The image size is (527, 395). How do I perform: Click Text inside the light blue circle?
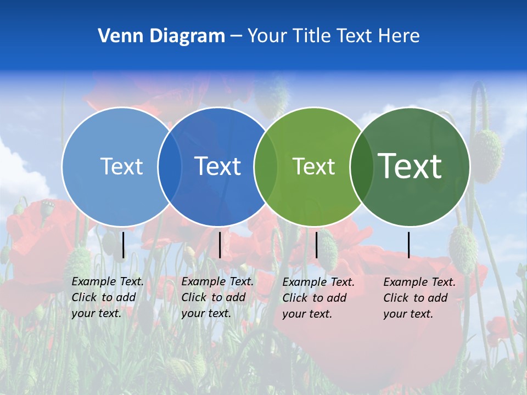[x=121, y=166]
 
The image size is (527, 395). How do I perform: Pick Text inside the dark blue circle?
[x=218, y=166]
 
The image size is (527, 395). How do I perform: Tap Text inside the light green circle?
[x=313, y=166]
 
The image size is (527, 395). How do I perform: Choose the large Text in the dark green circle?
[x=410, y=166]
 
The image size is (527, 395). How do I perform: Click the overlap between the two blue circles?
[x=170, y=166]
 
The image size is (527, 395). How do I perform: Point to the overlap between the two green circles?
[x=362, y=166]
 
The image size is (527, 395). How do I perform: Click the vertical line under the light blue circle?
[x=124, y=245]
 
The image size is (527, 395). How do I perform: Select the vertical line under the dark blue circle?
[x=220, y=245]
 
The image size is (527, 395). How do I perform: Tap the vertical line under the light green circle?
[x=316, y=245]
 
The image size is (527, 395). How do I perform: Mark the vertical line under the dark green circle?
[x=408, y=245]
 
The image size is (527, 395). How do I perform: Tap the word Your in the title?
[x=267, y=36]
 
